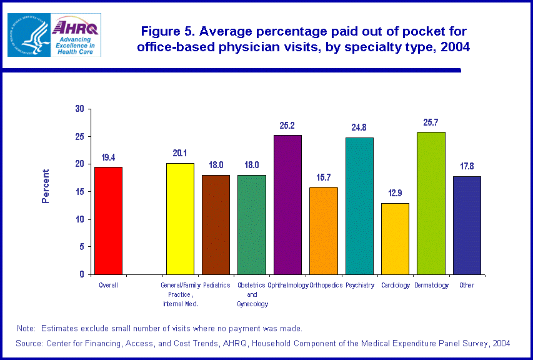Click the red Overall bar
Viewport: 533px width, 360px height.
108,220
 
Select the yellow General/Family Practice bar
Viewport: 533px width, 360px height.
180,218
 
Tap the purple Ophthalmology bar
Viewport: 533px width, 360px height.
288,204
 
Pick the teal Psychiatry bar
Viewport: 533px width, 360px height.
359,206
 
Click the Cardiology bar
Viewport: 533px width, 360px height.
395,238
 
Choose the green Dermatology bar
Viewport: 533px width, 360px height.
431,203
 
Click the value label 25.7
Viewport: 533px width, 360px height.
431,122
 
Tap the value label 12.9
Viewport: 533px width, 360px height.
395,193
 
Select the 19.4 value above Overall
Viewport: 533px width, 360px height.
108,157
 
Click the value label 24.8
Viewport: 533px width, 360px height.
359,127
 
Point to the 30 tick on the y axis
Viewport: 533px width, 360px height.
79,109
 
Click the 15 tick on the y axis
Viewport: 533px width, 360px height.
79,192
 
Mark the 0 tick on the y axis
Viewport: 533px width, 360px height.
82,274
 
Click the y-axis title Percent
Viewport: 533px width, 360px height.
46,186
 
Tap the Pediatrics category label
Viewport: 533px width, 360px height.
216,285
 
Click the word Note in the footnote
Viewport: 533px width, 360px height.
26,328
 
